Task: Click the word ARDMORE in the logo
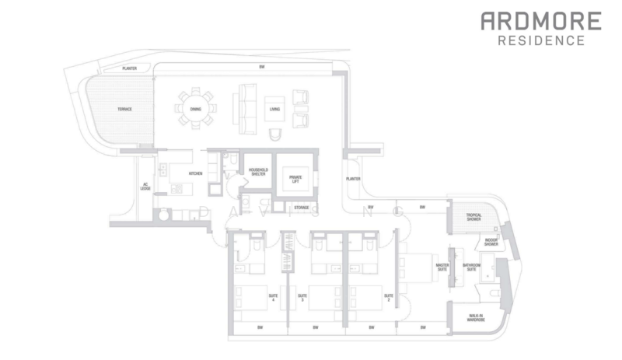click(x=540, y=21)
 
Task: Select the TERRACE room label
click(x=124, y=110)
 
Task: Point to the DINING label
click(x=195, y=110)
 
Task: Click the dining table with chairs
click(x=195, y=110)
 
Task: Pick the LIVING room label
click(x=274, y=110)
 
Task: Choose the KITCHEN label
click(x=195, y=173)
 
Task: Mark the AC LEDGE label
click(x=145, y=187)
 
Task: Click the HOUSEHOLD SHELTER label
click(x=257, y=173)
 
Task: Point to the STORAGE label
click(x=301, y=208)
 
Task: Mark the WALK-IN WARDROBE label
click(x=476, y=318)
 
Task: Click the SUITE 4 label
click(x=273, y=296)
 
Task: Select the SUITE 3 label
click(x=302, y=296)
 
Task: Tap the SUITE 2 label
click(x=386, y=296)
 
